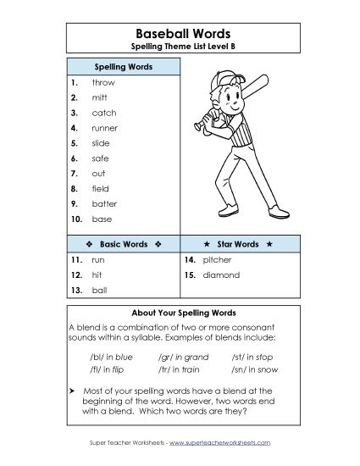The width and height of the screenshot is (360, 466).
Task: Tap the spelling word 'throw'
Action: coord(103,82)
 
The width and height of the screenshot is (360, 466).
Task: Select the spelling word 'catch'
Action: coord(104,113)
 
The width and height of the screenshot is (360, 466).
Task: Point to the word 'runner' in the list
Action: coord(105,128)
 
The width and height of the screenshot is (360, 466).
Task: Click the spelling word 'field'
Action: coord(100,188)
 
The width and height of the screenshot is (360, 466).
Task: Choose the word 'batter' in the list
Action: coord(104,203)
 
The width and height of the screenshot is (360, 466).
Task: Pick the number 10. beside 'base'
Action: coord(75,219)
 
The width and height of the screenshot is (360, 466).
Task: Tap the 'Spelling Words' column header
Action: coord(122,65)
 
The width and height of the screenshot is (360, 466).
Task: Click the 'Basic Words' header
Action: coord(123,244)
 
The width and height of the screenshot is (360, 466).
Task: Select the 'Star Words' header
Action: coord(238,244)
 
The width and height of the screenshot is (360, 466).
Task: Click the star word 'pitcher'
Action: coord(218,260)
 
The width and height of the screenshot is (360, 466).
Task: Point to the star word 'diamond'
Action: coord(221,275)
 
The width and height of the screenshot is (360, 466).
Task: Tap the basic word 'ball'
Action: coord(99,291)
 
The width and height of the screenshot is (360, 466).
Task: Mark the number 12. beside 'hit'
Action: coord(75,275)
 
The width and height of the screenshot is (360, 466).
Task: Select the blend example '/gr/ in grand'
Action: coord(183,357)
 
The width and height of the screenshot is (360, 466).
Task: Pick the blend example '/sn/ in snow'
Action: coord(254,369)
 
